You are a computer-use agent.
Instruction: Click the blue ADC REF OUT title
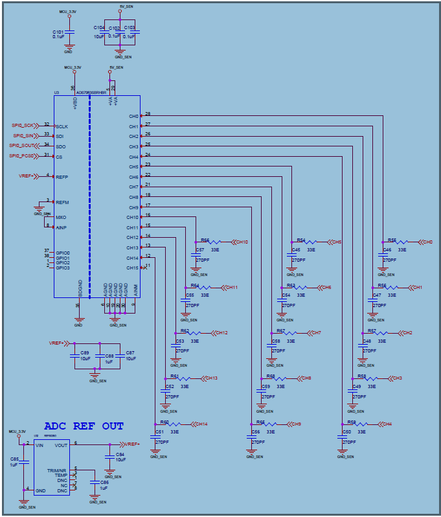point(84,426)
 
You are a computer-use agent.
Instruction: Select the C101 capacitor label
point(58,31)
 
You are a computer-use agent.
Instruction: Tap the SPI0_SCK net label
point(23,125)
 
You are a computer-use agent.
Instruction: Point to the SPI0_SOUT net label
point(22,146)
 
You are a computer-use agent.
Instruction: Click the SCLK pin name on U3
point(62,126)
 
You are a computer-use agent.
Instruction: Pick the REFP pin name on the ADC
point(62,177)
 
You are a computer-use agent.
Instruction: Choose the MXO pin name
point(61,217)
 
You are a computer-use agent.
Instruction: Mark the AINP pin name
point(62,227)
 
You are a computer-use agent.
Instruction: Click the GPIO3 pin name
point(63,268)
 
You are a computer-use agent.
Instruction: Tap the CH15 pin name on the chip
point(133,268)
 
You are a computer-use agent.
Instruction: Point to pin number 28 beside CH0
point(148,114)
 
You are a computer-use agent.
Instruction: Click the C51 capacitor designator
point(159,431)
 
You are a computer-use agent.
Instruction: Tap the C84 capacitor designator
point(120,454)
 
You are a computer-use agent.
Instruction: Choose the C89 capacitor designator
point(85,352)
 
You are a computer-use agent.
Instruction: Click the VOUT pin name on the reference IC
point(62,445)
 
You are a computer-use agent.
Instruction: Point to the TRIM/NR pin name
point(56,470)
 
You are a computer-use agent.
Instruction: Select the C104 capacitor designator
point(98,28)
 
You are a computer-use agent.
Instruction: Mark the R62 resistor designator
point(185,330)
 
